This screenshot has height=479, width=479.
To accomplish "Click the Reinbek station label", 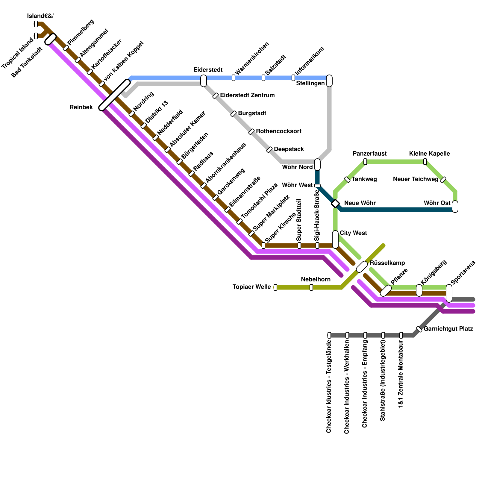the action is coord(81,107).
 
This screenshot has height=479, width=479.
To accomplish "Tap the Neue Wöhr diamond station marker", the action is coord(335,204).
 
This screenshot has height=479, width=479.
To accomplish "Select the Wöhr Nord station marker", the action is coord(317,165).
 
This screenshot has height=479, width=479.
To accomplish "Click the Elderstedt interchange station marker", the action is coord(204,81).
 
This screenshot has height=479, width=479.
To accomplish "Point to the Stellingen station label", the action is coord(310,83).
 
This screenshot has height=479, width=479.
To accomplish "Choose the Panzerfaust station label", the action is coord(369,154).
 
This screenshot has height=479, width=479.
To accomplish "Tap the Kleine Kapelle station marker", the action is coord(425,162).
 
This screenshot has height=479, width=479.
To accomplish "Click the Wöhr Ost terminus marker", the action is coord(455,207).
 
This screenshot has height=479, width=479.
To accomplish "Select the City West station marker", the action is coord(335,239).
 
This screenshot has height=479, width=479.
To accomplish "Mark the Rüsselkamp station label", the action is coord(387,263).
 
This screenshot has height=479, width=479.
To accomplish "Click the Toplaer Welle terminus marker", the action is coord(275,287).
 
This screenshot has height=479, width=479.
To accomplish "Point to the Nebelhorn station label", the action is coord(316,279).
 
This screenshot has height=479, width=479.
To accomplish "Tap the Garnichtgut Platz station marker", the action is coord(419,329).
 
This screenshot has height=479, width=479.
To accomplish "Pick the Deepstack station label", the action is coord(289,149).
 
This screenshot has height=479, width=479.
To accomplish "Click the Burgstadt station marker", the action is coord(234,114).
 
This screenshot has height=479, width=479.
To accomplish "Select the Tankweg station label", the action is coord(364,179).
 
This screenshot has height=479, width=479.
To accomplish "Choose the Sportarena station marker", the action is coord(449,293).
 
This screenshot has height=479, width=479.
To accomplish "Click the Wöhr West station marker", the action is coord(317,186).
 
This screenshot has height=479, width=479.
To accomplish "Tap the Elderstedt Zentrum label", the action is coord(247,95).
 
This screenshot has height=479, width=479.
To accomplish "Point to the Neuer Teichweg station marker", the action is coord(443,180).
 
